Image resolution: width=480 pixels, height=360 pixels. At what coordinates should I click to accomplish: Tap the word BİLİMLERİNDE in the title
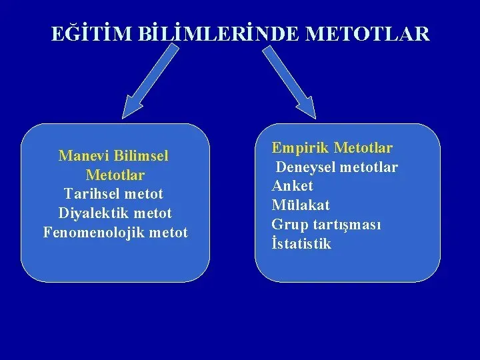click(x=218, y=33)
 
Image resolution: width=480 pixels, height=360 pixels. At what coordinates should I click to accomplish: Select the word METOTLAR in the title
click(x=367, y=33)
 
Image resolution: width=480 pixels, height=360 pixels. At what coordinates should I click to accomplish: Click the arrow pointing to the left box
click(x=150, y=81)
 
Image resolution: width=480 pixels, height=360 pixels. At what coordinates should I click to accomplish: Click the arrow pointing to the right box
click(x=289, y=82)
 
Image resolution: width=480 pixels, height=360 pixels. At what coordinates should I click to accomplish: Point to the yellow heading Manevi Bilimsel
click(x=113, y=155)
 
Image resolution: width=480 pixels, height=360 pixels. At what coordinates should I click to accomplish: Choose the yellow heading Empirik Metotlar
click(x=332, y=147)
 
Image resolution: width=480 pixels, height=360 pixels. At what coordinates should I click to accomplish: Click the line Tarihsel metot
click(x=113, y=193)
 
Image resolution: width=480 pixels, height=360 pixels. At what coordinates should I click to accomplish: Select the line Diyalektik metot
click(x=115, y=213)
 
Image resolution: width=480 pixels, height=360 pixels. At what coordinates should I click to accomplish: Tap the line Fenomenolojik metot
click(x=115, y=233)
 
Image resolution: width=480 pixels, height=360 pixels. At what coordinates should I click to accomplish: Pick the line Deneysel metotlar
click(x=337, y=167)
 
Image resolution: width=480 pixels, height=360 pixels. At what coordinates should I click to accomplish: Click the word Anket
click(x=293, y=186)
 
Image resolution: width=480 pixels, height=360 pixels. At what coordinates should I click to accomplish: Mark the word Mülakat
click(x=301, y=205)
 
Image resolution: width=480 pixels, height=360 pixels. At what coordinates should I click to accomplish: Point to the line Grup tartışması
click(x=326, y=225)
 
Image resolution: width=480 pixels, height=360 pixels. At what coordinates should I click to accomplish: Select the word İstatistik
click(x=301, y=243)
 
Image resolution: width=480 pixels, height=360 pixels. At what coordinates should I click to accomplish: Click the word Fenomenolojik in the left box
click(x=94, y=233)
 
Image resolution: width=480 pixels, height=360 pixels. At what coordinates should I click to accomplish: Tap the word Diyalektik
click(x=94, y=213)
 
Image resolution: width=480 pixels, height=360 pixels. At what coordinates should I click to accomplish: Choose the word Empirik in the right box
click(x=300, y=148)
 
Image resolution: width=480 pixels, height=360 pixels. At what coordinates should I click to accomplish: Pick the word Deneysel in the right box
click(x=305, y=167)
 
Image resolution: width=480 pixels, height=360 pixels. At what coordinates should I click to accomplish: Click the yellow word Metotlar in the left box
click(x=115, y=175)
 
